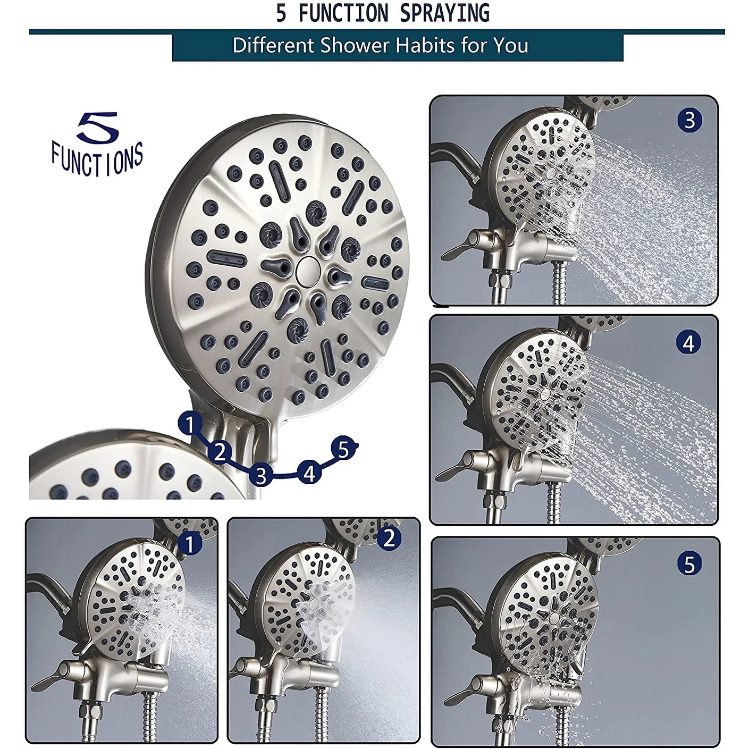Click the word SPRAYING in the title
pos(444,13)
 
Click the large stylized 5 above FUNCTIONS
pos(98,127)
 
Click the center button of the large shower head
pos(307,269)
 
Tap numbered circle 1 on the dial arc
pos(190,424)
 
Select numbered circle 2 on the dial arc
pos(220,452)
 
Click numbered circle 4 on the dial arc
pos(309,473)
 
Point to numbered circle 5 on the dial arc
pos(343,449)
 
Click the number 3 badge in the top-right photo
pos(690,120)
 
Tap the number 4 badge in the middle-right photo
pos(689,342)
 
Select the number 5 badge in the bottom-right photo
pos(689,564)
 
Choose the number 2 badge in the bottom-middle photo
pos(389,538)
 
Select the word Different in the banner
pos(273,45)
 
